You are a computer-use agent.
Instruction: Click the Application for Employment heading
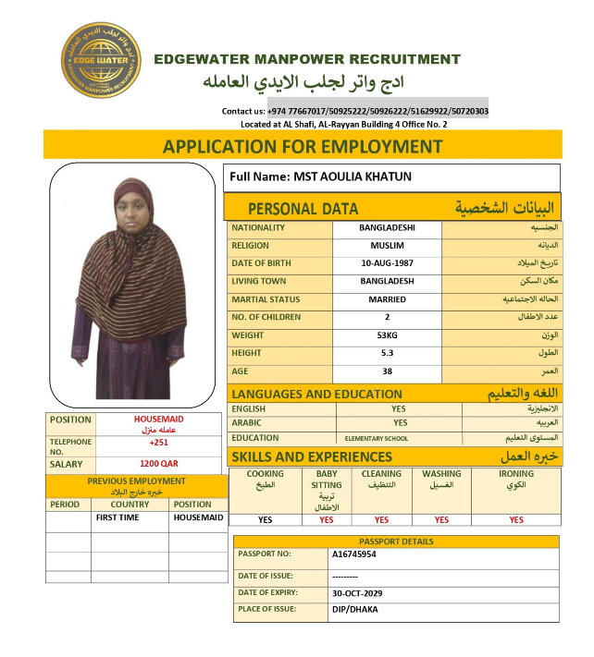(303, 146)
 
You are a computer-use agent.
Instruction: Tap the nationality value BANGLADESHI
(387, 227)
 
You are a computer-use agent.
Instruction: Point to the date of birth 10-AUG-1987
(387, 263)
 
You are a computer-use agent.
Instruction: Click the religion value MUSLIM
(387, 246)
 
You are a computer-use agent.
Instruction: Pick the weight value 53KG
(387, 335)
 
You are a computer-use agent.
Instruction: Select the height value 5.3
(387, 353)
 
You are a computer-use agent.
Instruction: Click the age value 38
(387, 371)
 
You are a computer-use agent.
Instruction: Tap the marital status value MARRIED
(387, 299)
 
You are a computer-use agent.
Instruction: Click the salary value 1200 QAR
(159, 464)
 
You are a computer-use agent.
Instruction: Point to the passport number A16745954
(355, 554)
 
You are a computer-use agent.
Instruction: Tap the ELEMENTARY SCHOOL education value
(376, 439)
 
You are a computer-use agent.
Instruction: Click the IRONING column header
(516, 474)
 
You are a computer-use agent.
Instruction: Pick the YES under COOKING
(266, 520)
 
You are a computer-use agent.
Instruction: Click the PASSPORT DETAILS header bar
(396, 541)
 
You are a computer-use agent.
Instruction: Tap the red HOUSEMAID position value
(159, 420)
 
